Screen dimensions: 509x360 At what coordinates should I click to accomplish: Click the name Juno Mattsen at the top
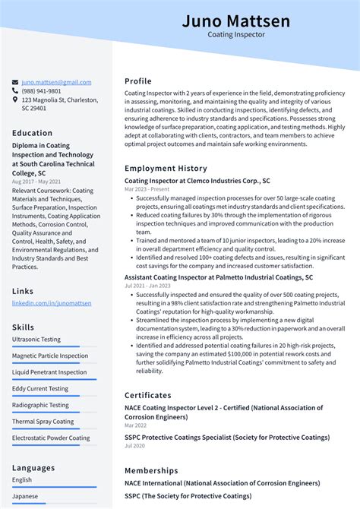(x=235, y=21)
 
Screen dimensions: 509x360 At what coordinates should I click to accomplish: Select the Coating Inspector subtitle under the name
(x=235, y=35)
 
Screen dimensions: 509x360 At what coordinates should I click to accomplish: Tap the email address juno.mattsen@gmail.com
(x=56, y=82)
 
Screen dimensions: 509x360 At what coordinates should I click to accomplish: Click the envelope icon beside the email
(x=15, y=82)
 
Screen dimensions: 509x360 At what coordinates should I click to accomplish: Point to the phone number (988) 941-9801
(x=43, y=90)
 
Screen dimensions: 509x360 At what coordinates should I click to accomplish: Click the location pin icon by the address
(x=15, y=100)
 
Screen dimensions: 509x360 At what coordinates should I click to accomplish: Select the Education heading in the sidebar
(x=33, y=133)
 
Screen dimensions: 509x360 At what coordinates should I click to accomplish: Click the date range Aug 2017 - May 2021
(x=37, y=182)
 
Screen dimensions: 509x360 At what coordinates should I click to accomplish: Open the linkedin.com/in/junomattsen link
(x=52, y=303)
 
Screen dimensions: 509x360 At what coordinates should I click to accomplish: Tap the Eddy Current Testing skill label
(x=40, y=388)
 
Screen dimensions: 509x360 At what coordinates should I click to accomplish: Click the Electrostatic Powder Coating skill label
(x=51, y=438)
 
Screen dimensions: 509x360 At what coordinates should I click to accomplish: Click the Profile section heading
(x=138, y=81)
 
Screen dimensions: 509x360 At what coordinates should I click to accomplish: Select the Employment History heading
(x=166, y=168)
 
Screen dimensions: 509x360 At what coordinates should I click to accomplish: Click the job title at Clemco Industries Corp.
(x=197, y=181)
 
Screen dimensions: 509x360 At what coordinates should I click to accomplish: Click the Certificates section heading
(x=148, y=395)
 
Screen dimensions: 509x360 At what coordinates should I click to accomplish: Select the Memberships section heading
(x=152, y=470)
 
